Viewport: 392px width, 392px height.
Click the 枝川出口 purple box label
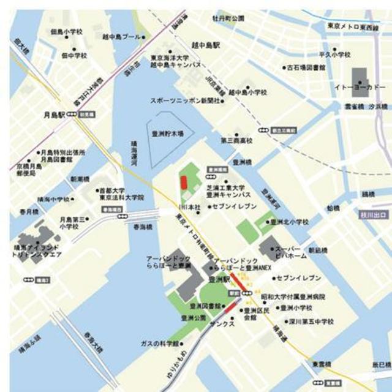pos(372,214)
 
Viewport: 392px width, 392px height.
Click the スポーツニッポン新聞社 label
pos(185,100)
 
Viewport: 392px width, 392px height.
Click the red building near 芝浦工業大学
pos(183,183)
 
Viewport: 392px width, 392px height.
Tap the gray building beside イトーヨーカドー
pos(361,78)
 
